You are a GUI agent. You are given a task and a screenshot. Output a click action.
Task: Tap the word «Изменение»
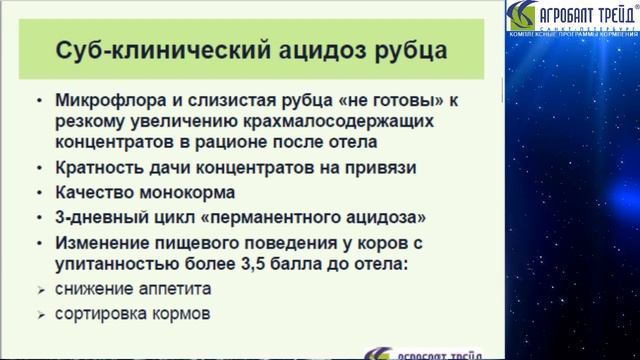tap(103, 242)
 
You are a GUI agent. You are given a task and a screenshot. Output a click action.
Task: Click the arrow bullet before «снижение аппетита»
tap(39, 289)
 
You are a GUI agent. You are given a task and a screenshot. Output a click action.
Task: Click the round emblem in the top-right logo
tap(523, 16)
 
